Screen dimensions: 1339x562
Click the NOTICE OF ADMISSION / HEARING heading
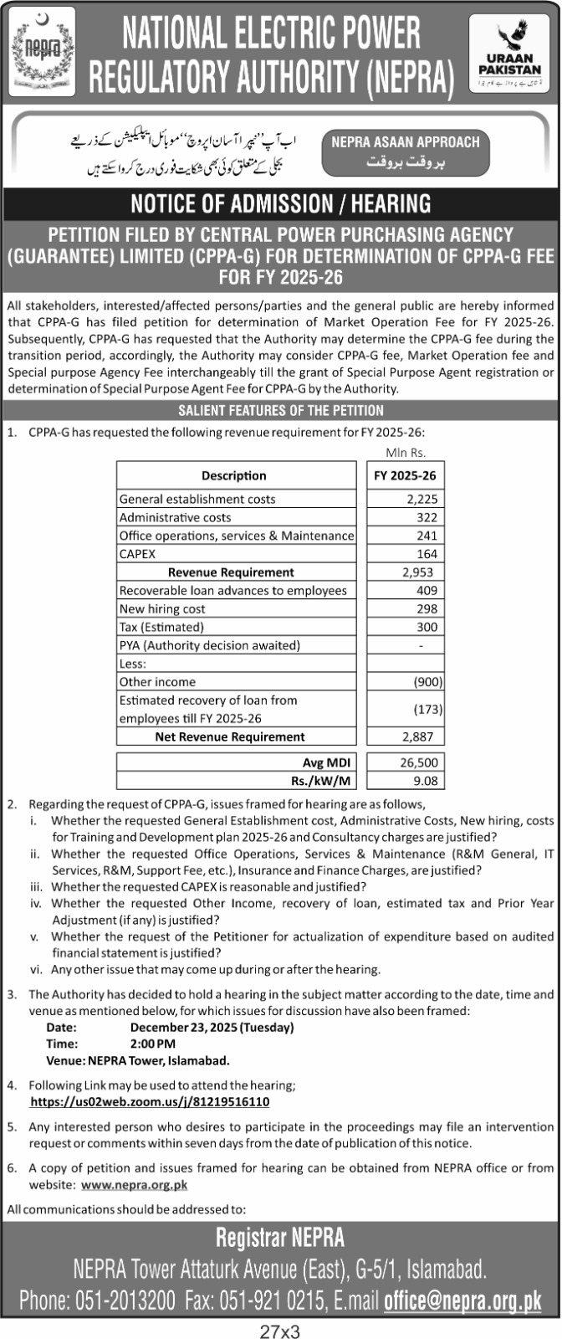click(281, 203)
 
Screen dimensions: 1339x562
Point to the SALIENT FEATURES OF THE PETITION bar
click(281, 411)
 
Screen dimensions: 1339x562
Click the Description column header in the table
click(234, 475)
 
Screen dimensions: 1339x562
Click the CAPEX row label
click(138, 554)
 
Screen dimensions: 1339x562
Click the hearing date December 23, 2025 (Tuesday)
click(212, 1027)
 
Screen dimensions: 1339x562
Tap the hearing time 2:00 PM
click(153, 1044)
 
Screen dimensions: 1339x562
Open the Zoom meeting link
click(150, 1102)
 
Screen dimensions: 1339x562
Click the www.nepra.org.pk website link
click(134, 1185)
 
